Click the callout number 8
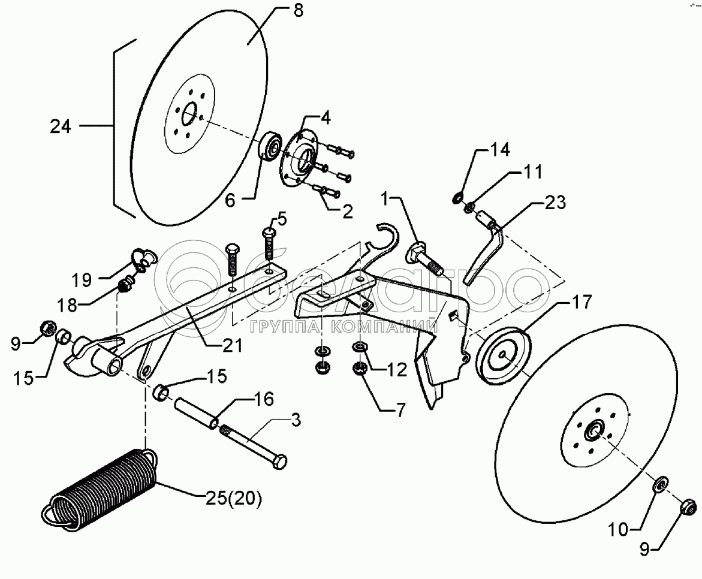click(x=299, y=10)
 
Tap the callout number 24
click(x=61, y=126)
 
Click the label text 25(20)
click(x=233, y=499)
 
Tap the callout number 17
click(x=582, y=302)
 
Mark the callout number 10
click(x=618, y=530)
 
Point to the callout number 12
click(x=397, y=369)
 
